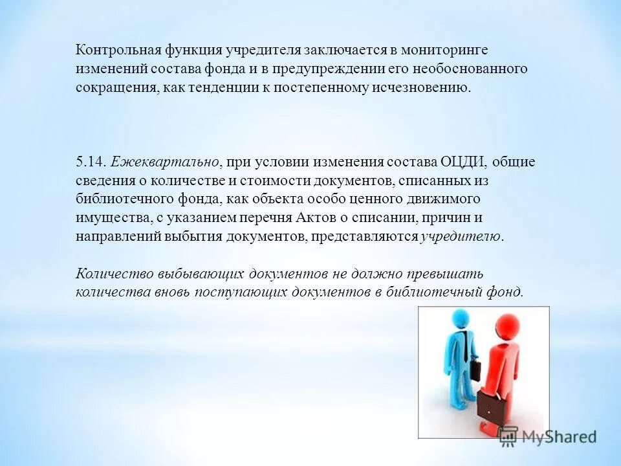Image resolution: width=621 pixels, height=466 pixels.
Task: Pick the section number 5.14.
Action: (x=91, y=161)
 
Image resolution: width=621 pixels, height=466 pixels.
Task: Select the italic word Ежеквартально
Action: (x=166, y=161)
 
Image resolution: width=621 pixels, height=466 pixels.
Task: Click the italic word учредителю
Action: (x=460, y=236)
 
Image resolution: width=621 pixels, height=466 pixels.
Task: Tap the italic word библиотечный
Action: (x=433, y=292)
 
